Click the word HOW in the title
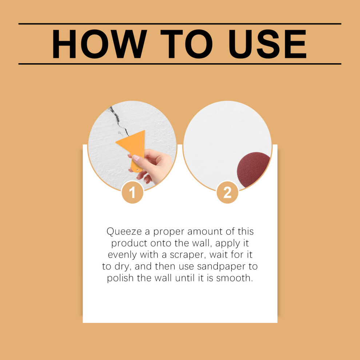click(x=99, y=44)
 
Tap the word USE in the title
click(x=268, y=44)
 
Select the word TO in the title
click(x=186, y=44)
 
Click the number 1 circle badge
click(x=132, y=192)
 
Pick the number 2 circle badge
click(x=227, y=192)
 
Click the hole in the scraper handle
click(x=138, y=170)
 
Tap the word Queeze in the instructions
click(x=124, y=232)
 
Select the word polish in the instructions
click(x=120, y=278)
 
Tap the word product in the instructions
click(x=129, y=244)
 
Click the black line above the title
click(x=180, y=24)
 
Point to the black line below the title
click(x=180, y=64)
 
